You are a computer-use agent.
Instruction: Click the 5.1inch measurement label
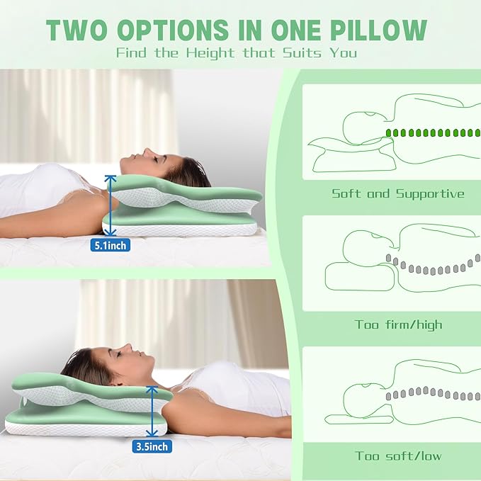pyautogui.click(x=110, y=246)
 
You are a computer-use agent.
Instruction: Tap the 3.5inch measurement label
pyautogui.click(x=150, y=446)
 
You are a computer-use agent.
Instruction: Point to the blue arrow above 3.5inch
pyautogui.click(x=151, y=411)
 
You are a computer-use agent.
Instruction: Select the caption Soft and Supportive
pyautogui.click(x=398, y=193)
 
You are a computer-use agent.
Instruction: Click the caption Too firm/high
pyautogui.click(x=398, y=324)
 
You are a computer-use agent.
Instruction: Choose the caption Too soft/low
pyautogui.click(x=398, y=455)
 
